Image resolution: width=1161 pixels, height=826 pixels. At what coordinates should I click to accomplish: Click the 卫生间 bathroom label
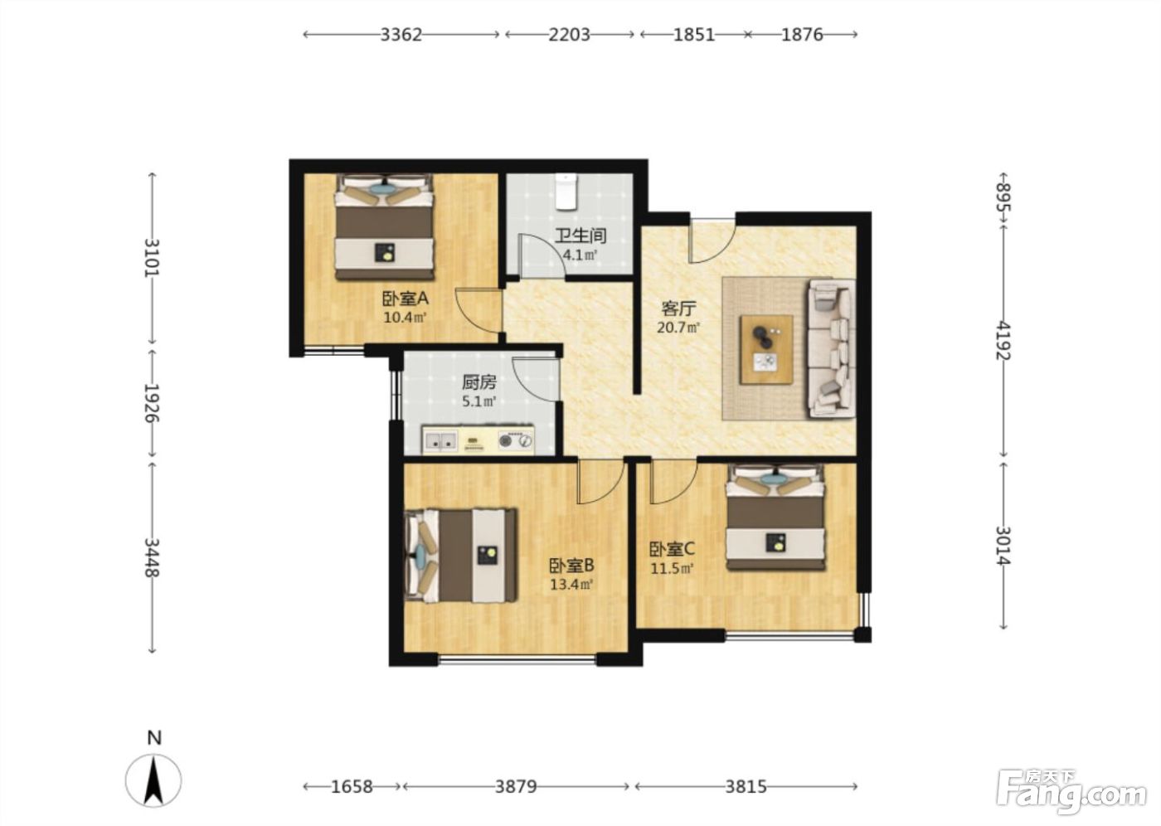[580, 236]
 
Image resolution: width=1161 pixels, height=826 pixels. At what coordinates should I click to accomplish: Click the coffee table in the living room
[766, 350]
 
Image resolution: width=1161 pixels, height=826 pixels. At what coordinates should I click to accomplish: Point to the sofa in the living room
[831, 348]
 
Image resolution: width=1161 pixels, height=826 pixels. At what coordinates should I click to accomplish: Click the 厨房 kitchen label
[479, 382]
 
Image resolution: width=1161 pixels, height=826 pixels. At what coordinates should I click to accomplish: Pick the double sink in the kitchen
[440, 441]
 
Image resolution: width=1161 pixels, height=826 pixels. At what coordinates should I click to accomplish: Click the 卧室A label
[406, 299]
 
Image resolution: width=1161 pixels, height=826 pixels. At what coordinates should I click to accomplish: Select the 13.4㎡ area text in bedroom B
[571, 585]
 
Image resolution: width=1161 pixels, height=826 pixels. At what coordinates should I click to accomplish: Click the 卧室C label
[673, 549]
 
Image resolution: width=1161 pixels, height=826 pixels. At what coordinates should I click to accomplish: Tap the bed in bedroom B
[460, 556]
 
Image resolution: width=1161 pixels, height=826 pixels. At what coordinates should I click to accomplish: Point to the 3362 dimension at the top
[401, 35]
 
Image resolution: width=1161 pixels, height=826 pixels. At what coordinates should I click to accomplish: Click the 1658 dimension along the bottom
[352, 787]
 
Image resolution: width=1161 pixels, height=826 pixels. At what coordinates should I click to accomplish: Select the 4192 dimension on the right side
[1003, 341]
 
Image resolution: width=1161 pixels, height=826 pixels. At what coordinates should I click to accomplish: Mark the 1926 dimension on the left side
[152, 403]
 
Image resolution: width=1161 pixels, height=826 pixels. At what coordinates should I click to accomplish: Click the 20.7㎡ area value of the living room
[678, 328]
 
